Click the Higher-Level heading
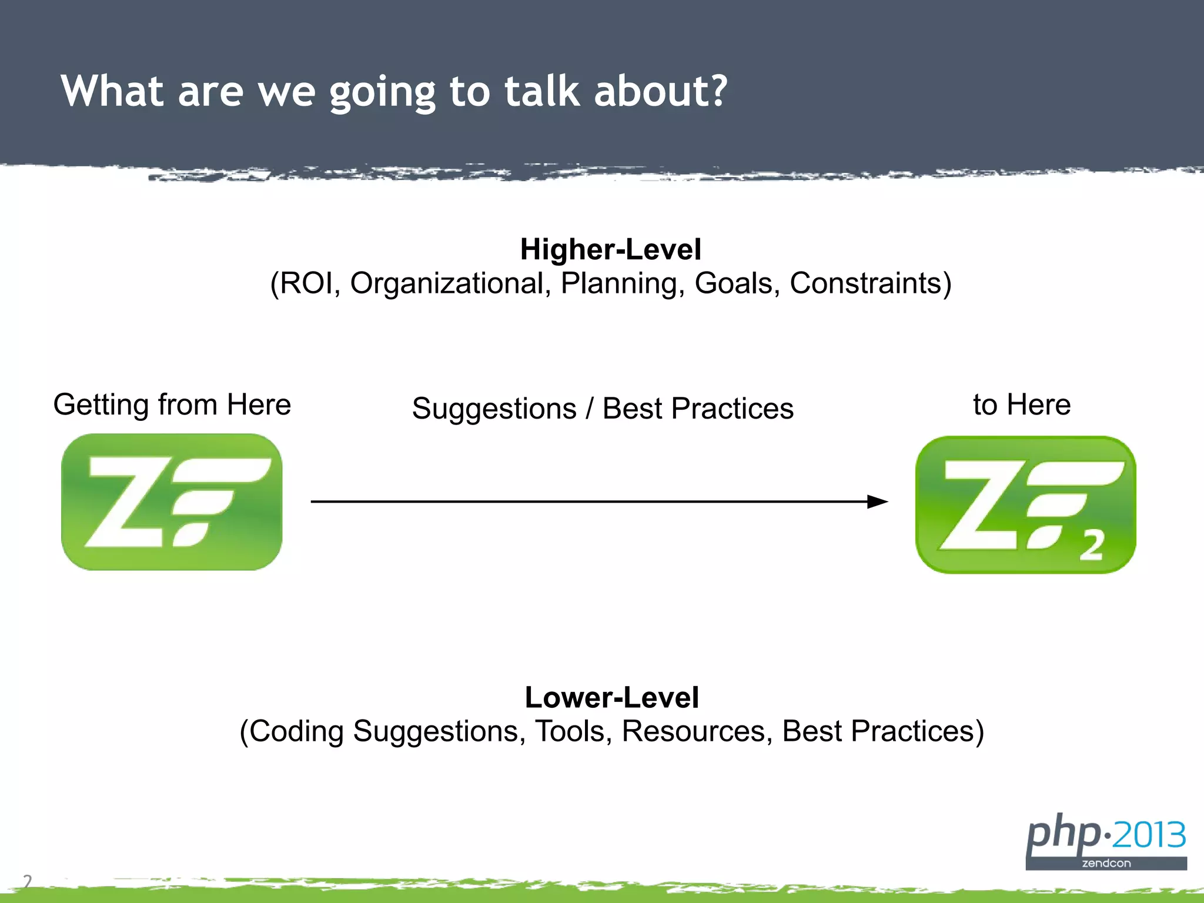click(610, 249)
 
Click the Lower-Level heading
click(611, 697)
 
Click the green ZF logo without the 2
click(172, 501)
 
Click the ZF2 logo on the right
click(1025, 504)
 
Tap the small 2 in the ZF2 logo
click(1091, 546)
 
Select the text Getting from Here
click(172, 404)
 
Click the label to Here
click(1022, 404)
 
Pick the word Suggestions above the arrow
click(494, 409)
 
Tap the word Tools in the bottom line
click(569, 731)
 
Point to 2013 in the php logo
click(1149, 835)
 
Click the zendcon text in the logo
click(1106, 864)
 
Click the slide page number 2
click(27, 881)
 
